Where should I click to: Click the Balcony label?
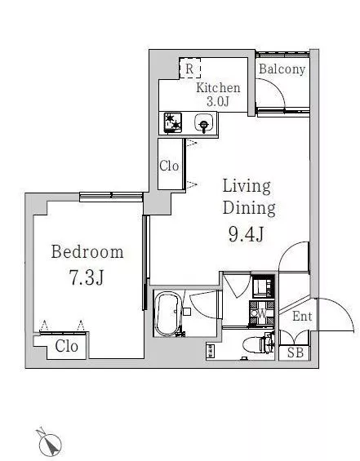point(282,69)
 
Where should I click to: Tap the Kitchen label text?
point(218,87)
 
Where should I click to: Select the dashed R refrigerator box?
point(189,69)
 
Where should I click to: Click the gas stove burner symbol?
point(173,123)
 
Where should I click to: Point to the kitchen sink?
point(204,123)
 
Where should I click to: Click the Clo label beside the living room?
point(169,166)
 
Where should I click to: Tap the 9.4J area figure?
point(246,234)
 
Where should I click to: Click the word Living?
point(247,186)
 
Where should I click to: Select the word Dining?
point(249,208)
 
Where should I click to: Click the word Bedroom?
point(87,252)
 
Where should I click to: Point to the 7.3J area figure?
point(87,277)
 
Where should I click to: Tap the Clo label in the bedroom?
point(66,346)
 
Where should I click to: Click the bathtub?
point(167,313)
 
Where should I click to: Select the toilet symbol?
point(259,344)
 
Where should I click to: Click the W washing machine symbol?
point(261,313)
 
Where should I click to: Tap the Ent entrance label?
point(302,317)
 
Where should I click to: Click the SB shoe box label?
point(295,352)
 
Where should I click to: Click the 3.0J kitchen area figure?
point(218,101)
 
